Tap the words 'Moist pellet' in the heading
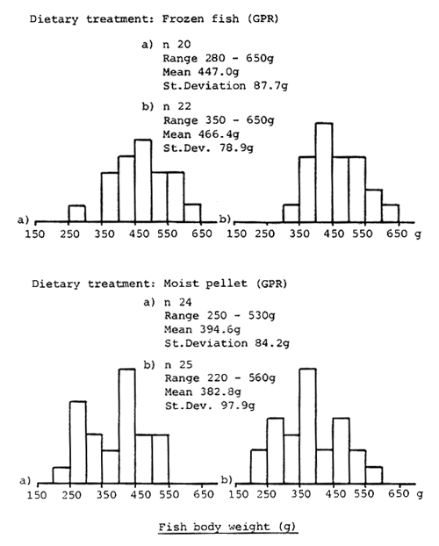tap(191, 284)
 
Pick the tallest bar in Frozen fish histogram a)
tap(142, 180)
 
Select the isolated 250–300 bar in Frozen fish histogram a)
tap(76, 212)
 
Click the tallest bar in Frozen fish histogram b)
tap(324, 171)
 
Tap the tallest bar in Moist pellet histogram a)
tap(126, 426)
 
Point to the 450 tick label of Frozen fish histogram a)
tap(143, 234)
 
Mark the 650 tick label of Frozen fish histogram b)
tap(399, 234)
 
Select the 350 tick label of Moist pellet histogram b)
tap(299, 494)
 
